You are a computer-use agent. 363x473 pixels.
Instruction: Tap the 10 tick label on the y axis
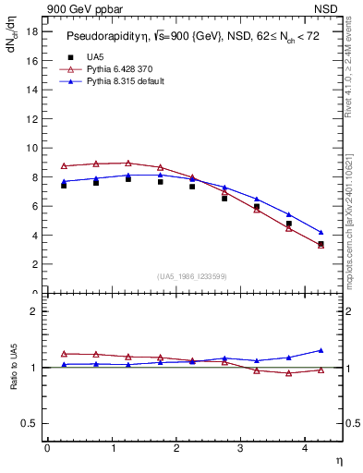pyautogui.click(x=32, y=148)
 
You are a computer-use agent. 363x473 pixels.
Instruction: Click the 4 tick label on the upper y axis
pyautogui.click(x=34, y=235)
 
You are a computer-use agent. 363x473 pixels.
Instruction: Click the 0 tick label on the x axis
pyautogui.click(x=47, y=448)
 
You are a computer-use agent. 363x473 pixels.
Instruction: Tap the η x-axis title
pyautogui.click(x=338, y=460)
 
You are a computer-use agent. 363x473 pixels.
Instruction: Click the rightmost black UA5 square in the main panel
pyautogui.click(x=321, y=245)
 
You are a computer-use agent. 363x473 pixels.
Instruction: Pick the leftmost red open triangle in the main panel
pyautogui.click(x=64, y=165)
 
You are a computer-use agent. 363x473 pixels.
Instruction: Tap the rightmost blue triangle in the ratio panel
pyautogui.click(x=321, y=350)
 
